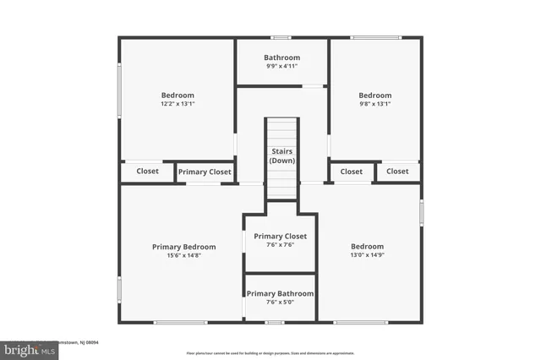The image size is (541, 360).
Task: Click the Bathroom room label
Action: click(281, 57)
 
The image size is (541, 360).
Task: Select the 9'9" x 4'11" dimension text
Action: click(281, 67)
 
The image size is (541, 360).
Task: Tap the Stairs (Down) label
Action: click(281, 155)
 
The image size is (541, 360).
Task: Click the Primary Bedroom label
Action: click(183, 247)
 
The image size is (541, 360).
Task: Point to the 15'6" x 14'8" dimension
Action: click(183, 256)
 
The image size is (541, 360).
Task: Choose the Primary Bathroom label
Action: click(280, 293)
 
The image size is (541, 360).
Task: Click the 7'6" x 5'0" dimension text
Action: click(280, 303)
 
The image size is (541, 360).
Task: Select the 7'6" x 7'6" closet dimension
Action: click(280, 246)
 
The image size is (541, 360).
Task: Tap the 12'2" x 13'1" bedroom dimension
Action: click(178, 105)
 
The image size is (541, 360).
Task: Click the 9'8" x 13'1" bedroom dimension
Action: click(374, 105)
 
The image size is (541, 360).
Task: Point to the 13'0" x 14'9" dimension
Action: click(368, 256)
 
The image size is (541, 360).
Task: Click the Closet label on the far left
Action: click(148, 171)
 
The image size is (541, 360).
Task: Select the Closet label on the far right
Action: click(397, 171)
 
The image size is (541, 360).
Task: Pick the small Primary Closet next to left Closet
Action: click(205, 172)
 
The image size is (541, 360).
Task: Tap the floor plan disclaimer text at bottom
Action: click(270, 352)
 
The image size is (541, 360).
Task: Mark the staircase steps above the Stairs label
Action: click(281, 131)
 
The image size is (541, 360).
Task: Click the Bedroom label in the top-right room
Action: click(374, 95)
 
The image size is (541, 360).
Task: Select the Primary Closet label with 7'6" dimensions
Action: click(280, 236)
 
